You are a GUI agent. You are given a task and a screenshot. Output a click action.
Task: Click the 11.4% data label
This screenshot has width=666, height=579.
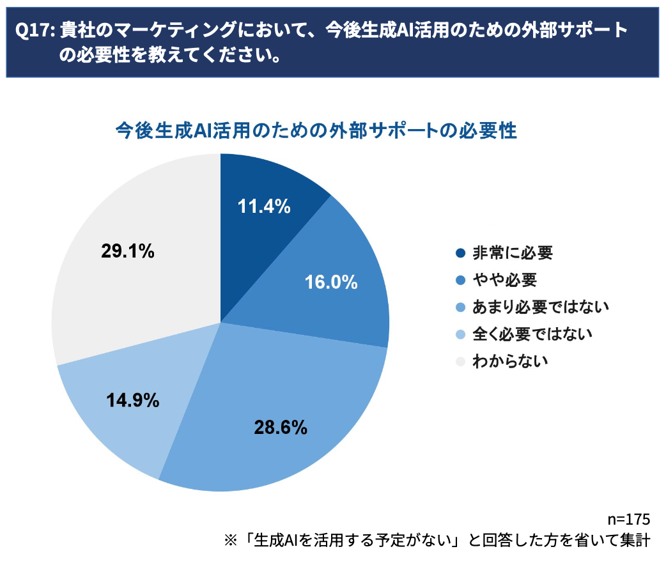264,206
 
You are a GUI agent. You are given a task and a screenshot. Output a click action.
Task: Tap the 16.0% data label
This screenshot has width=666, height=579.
330,282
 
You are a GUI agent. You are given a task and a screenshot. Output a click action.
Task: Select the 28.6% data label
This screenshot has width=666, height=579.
281,427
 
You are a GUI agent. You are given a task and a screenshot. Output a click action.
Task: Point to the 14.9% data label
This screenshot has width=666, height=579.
132,401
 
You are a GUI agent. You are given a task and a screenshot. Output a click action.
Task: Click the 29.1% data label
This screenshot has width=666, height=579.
128,251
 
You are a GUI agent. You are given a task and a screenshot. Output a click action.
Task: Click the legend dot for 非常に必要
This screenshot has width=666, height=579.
461,253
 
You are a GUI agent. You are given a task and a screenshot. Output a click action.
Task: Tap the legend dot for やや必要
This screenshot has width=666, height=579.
461,280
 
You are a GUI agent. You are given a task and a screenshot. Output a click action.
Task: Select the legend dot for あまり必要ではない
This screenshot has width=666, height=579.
461,307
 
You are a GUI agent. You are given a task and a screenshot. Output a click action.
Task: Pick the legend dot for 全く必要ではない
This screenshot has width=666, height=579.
461,334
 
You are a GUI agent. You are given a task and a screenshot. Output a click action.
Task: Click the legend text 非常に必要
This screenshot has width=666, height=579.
512,253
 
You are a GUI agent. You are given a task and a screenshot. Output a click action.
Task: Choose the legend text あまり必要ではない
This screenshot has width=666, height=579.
540,307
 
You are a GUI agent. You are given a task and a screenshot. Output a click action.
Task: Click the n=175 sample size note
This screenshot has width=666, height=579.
628,519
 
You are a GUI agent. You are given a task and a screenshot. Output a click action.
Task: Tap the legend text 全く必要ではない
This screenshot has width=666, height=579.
532,334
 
